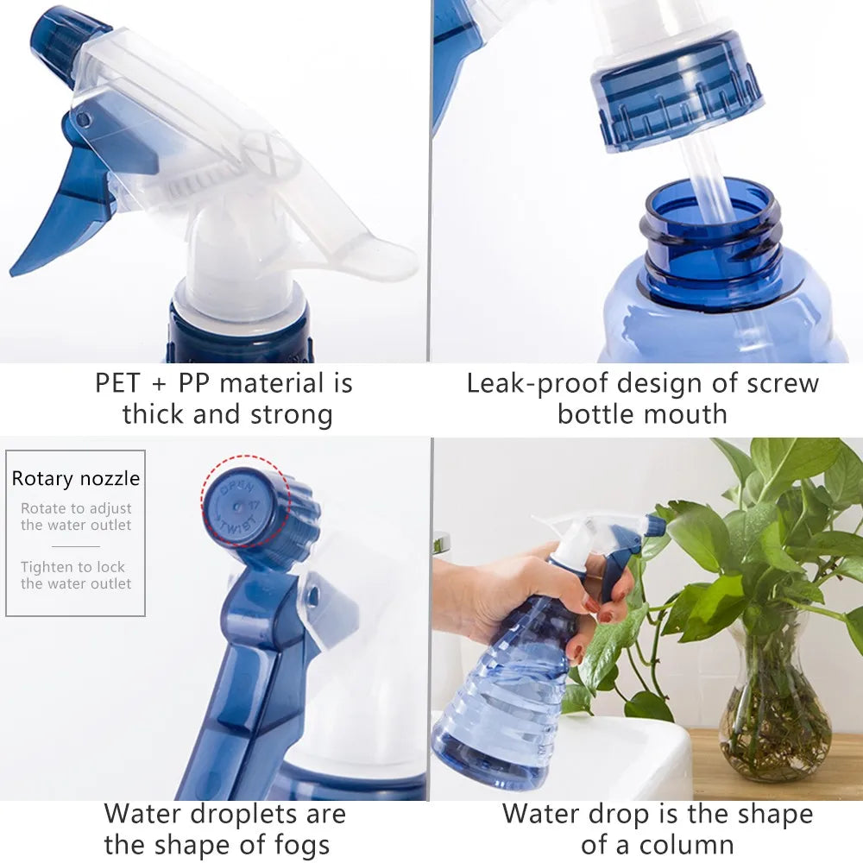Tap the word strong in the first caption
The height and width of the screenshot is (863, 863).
pyautogui.click(x=291, y=414)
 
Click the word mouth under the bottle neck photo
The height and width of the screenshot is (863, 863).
pyautogui.click(x=684, y=414)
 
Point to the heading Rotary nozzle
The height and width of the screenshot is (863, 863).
pyautogui.click(x=76, y=479)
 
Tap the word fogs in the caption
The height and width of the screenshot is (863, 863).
pyautogui.click(x=294, y=846)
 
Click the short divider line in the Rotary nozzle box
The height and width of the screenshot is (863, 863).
pyautogui.click(x=76, y=546)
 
